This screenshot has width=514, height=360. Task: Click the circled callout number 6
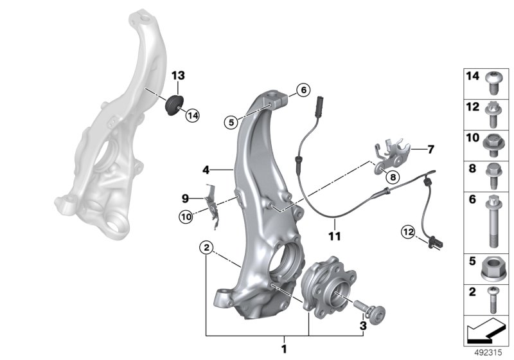[x=303, y=89]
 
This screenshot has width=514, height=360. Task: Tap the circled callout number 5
[x=231, y=122]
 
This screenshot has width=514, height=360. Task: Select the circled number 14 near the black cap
[x=192, y=116]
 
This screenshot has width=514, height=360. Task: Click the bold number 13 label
[x=178, y=76]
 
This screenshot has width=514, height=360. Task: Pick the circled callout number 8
[x=393, y=177]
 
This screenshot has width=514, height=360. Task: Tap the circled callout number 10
[x=186, y=217]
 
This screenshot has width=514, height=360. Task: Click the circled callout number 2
[x=206, y=248]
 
